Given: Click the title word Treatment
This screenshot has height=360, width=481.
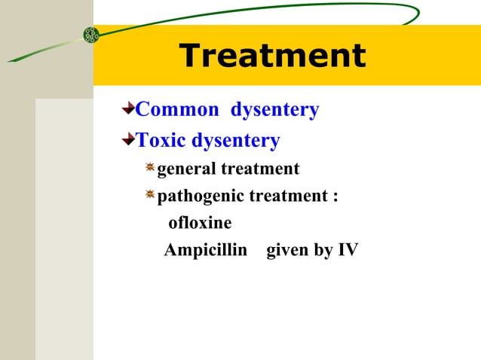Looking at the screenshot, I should coord(272,56).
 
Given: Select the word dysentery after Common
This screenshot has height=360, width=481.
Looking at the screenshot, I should coord(274,110).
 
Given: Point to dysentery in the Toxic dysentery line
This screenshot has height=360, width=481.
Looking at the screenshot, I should coord(235,140).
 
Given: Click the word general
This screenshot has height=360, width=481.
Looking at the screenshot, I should coord(185,169).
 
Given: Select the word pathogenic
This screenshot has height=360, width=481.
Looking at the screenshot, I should coord(200,196).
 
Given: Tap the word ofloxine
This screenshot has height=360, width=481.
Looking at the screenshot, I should coord(200,223).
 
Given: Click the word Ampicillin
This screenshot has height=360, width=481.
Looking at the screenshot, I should coord(206,250).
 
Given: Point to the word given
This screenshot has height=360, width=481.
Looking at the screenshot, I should coord(287,250).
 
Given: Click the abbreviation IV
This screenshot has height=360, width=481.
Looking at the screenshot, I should coord(348,250).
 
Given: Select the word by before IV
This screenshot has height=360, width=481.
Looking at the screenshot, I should coord(323,250).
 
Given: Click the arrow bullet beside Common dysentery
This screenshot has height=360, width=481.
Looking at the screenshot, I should coord(128,110).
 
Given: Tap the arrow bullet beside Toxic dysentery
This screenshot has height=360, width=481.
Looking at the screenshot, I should coord(128,140).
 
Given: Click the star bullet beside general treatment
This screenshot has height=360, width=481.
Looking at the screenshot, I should coord(150,168).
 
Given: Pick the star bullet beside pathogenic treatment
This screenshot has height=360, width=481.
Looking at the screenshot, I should coord(150,195).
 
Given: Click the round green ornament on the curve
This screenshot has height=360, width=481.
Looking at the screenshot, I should coord(91,34).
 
